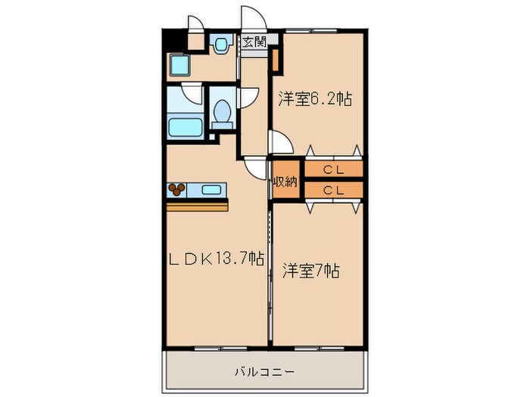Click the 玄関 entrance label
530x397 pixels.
coord(254,42)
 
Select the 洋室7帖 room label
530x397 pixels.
coord(310,271)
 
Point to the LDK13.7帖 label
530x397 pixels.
coord(216,259)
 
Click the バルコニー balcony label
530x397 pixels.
coord(264,371)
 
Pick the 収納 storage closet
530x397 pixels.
coord(286,181)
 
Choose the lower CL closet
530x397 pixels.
coord(333,191)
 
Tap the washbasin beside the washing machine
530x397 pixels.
coord(221,45)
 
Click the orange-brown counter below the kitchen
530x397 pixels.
coord(197,206)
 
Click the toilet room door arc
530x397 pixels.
coord(247,98)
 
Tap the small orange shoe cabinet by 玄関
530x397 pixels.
coord(276,57)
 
